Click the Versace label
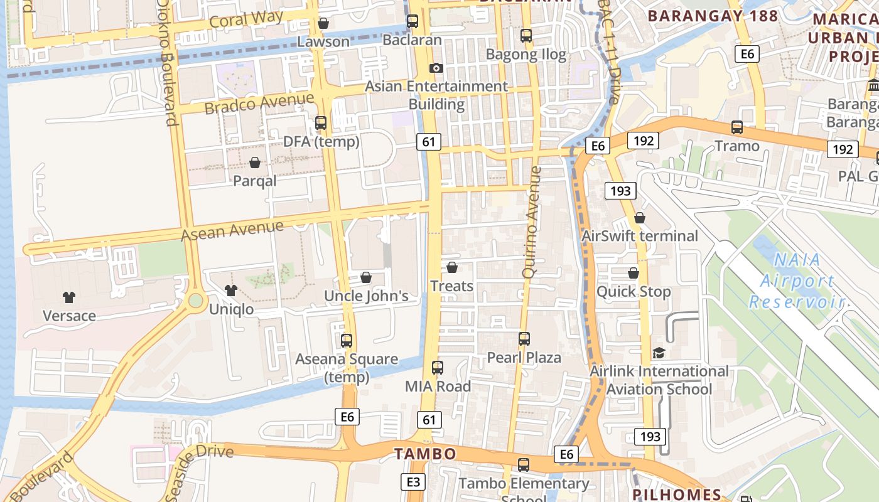[69, 316]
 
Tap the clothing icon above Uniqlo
[231, 291]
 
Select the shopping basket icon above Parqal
[255, 163]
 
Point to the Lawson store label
[323, 42]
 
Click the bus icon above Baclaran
[413, 21]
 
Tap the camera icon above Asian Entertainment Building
[436, 68]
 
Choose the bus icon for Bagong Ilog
[526, 36]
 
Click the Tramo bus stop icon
[737, 127]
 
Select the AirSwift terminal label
[640, 236]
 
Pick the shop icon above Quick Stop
[634, 274]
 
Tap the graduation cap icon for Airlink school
[659, 353]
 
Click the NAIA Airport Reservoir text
[797, 280]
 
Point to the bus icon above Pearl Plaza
[524, 339]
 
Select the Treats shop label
[451, 286]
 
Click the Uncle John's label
[366, 296]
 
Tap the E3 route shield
[413, 482]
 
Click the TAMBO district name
[425, 454]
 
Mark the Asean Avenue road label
[232, 230]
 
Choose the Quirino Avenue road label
[531, 222]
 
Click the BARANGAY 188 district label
[713, 16]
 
